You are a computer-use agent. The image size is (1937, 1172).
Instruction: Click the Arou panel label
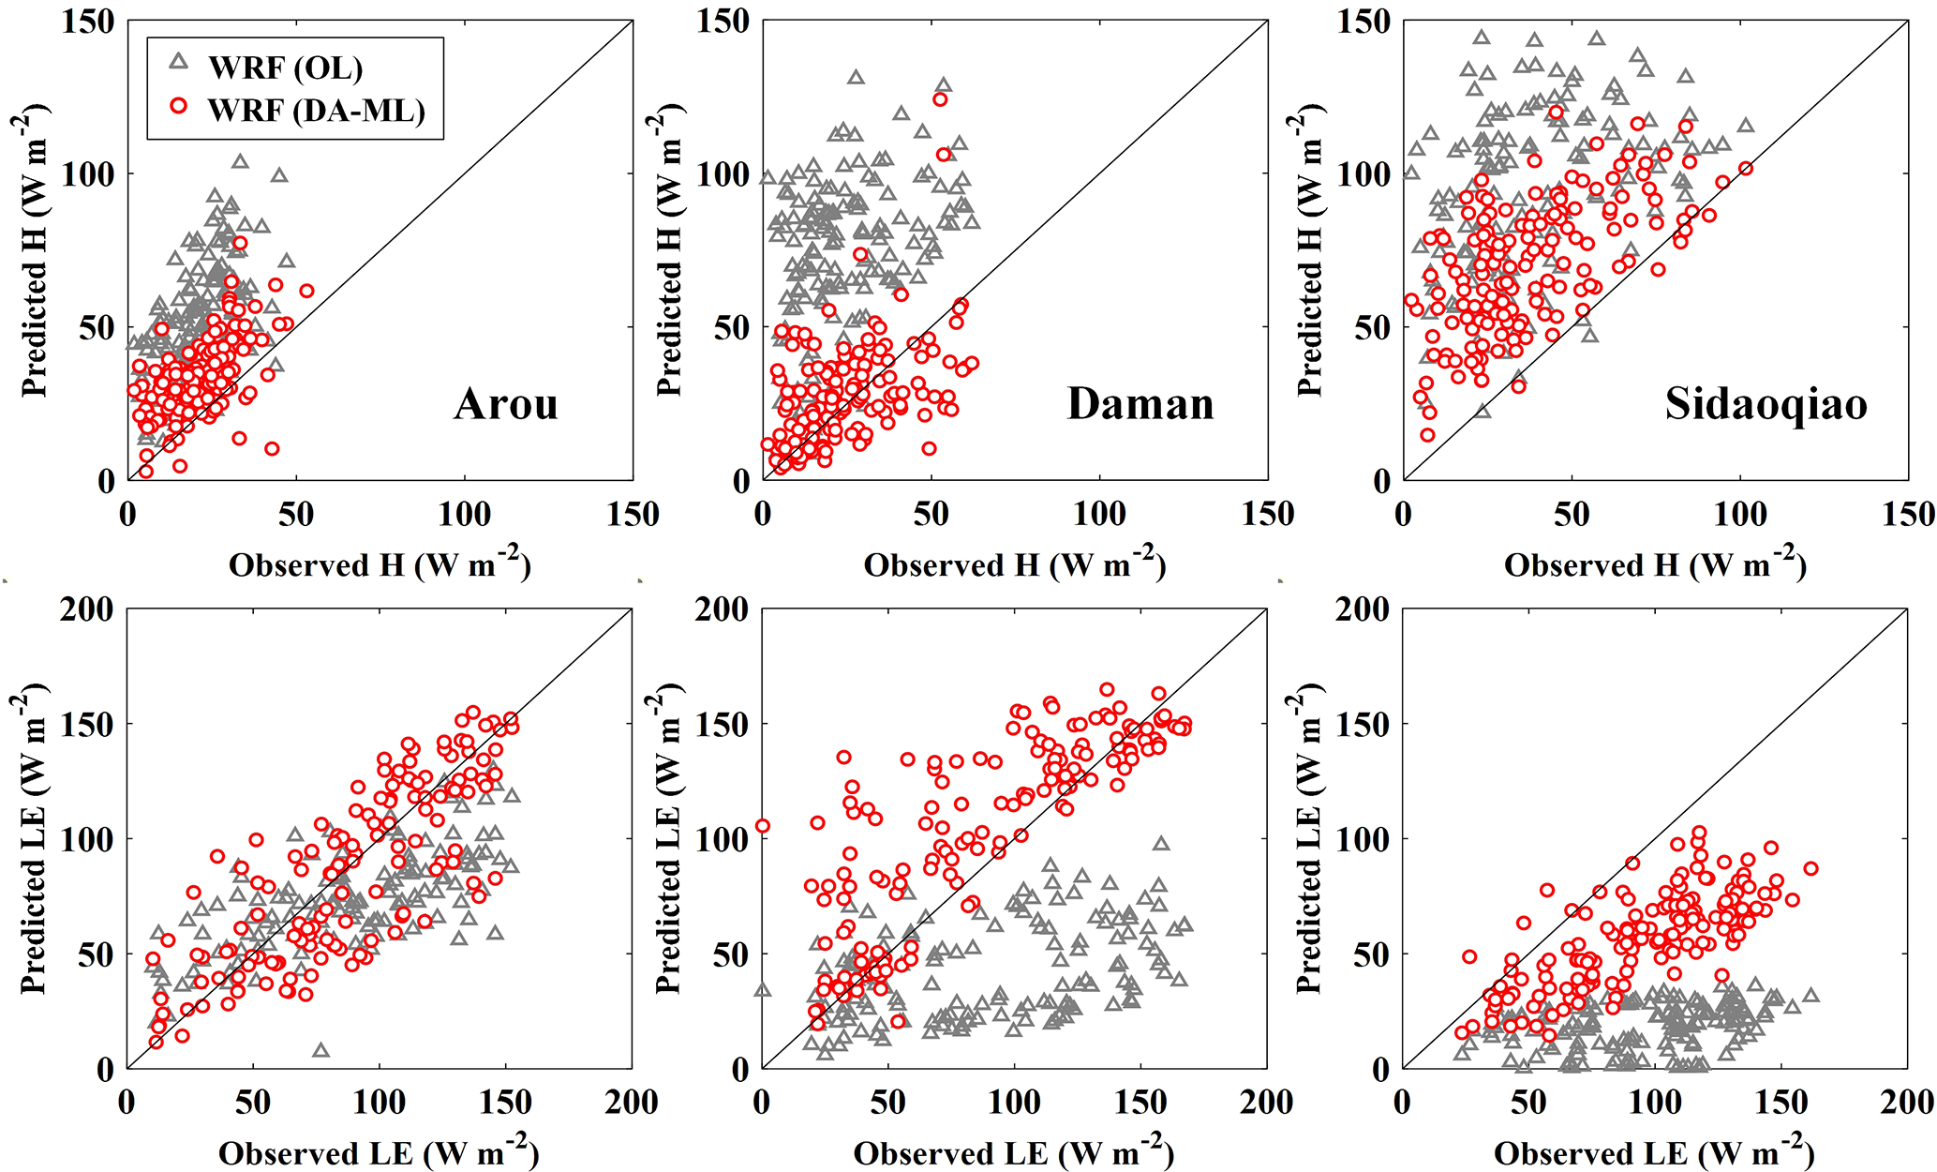tap(506, 404)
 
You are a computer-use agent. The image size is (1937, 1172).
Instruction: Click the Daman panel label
tap(1140, 404)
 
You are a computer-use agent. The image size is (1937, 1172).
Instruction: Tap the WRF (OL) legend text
tap(285, 68)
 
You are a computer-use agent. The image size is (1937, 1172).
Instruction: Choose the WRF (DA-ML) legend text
tap(317, 111)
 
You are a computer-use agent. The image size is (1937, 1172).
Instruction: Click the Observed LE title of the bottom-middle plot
tap(1013, 1151)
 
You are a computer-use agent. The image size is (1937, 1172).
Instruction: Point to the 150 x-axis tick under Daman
tap(1267, 514)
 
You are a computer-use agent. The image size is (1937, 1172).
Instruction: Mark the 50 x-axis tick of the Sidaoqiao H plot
tap(1572, 514)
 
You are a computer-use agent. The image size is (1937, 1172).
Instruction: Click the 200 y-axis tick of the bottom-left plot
tap(88, 609)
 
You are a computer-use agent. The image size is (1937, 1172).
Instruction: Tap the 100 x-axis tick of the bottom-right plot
tap(1655, 1102)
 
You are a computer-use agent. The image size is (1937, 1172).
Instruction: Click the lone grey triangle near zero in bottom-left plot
tap(321, 1050)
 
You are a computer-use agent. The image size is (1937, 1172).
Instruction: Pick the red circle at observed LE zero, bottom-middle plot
tap(763, 826)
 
